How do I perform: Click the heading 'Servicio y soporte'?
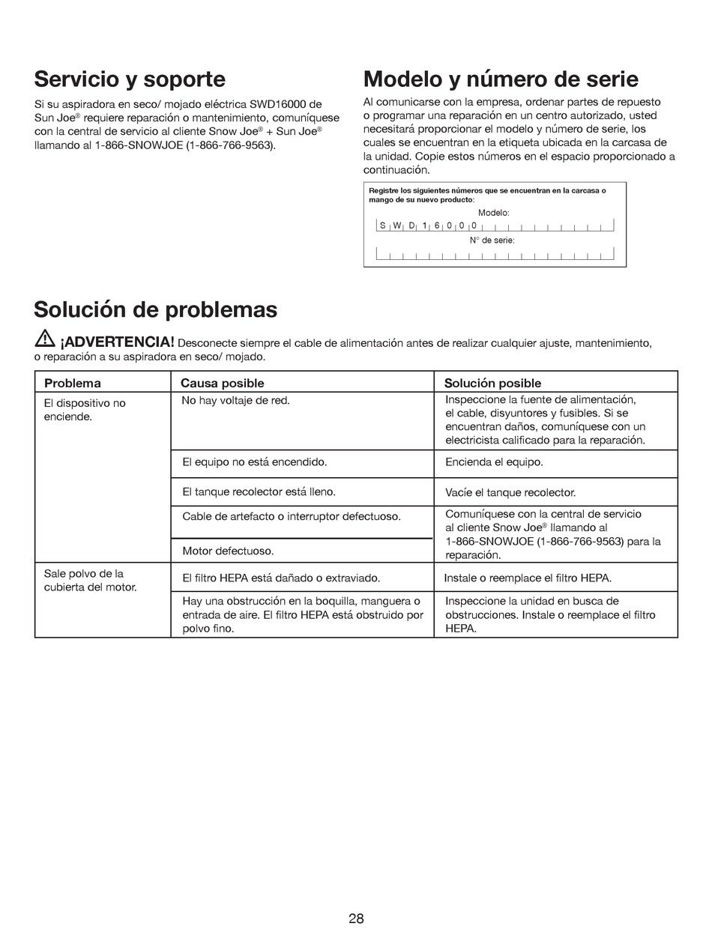tap(130, 79)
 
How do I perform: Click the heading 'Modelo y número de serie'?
tap(501, 79)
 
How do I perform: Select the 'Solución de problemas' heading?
tap(156, 309)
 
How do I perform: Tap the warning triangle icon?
tap(45, 339)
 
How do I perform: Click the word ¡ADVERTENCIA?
tap(117, 342)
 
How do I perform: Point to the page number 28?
tap(356, 919)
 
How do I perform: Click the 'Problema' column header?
tap(73, 383)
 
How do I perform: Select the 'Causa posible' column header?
tap(223, 383)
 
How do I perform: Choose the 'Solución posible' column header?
tap(492, 383)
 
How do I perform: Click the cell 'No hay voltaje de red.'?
tap(235, 401)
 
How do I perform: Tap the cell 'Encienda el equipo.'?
tap(494, 462)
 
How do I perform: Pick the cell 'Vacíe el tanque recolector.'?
tap(510, 493)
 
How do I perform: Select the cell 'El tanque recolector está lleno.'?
tap(259, 492)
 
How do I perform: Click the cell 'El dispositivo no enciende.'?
tap(85, 410)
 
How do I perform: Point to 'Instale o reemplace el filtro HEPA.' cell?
tap(528, 578)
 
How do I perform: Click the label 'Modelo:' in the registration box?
tap(493, 213)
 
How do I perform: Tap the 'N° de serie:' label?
tap(492, 240)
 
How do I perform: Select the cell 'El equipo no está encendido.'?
tap(255, 462)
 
